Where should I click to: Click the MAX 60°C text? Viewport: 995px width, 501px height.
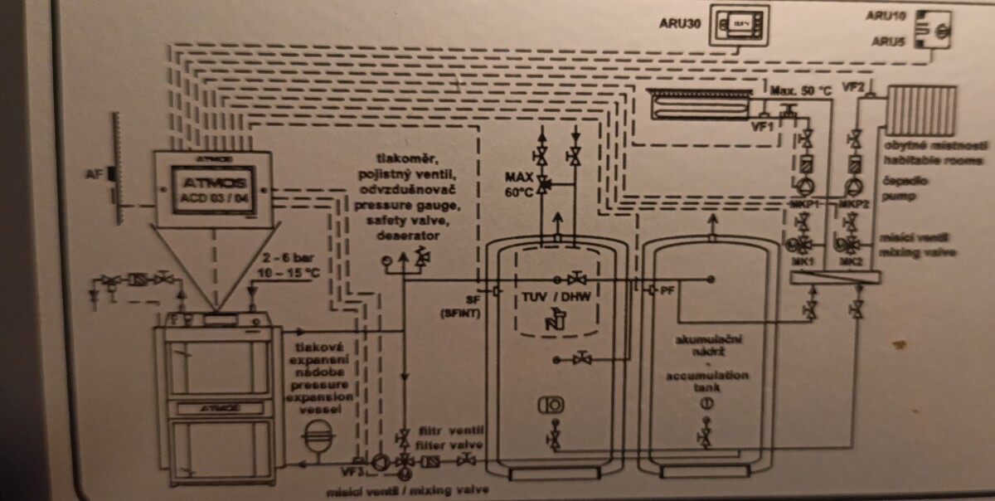pyautogui.click(x=519, y=185)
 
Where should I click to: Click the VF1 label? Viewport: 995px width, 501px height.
pyautogui.click(x=762, y=126)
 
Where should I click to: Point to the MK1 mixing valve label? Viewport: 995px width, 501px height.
pyautogui.click(x=803, y=262)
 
